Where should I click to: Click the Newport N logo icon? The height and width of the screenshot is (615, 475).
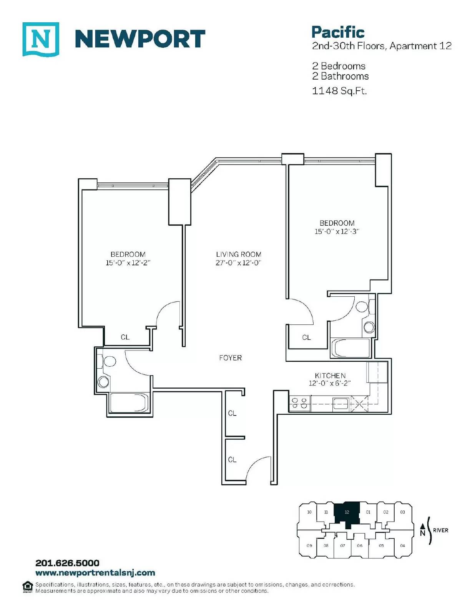(41, 39)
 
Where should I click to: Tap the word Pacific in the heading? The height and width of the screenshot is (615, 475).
(338, 32)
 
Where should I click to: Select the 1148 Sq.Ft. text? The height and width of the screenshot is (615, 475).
(339, 91)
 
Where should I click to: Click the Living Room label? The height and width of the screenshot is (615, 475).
(239, 254)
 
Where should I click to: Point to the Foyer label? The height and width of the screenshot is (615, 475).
(230, 358)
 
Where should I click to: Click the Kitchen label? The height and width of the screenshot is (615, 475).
(330, 376)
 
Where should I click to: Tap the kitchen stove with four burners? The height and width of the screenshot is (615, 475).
(299, 403)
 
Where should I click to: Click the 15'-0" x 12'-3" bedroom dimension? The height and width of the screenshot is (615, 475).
(337, 231)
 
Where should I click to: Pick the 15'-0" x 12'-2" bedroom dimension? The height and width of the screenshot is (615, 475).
(128, 263)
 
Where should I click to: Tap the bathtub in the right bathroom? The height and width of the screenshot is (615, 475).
(350, 348)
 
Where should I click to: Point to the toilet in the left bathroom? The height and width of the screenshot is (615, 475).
(107, 361)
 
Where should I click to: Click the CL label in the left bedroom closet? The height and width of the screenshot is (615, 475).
(125, 337)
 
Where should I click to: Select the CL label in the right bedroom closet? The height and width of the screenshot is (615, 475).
(306, 337)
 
